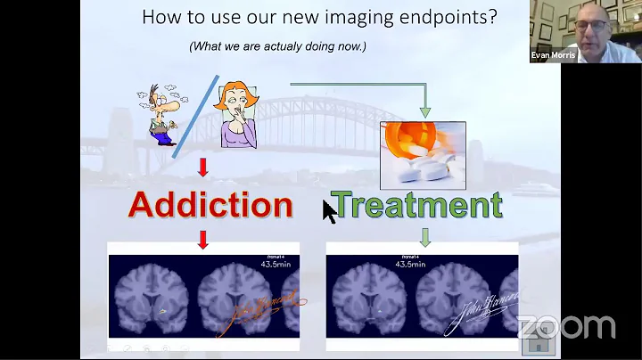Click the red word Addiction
point(210,205)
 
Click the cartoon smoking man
point(159,113)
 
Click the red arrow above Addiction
point(203,167)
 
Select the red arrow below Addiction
point(203,239)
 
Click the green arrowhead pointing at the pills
point(425,111)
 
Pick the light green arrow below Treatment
point(425,237)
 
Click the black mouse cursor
point(329,212)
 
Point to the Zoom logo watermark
point(565,326)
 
